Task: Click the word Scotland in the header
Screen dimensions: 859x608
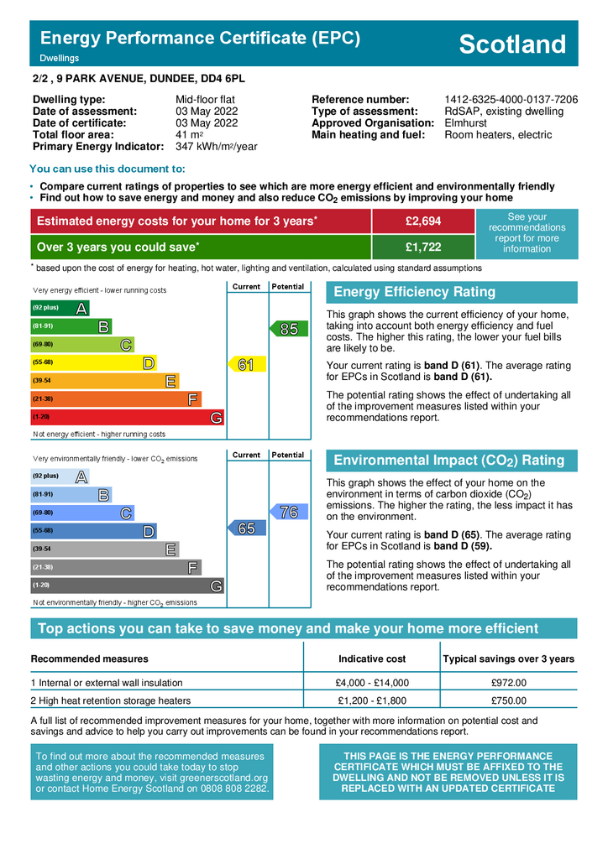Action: [512, 44]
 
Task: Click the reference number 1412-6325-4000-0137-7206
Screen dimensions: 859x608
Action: [511, 100]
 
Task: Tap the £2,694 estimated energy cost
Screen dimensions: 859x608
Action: [423, 221]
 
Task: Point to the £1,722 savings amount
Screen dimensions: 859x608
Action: [423, 247]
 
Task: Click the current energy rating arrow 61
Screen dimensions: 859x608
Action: [247, 364]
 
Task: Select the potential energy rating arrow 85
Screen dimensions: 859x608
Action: [287, 329]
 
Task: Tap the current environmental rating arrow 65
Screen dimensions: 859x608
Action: [247, 528]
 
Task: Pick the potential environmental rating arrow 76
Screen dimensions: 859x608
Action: [287, 512]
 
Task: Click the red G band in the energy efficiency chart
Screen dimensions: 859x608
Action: [126, 417]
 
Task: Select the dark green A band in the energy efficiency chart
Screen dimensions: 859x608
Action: [59, 308]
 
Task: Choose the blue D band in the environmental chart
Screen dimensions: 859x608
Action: [92, 531]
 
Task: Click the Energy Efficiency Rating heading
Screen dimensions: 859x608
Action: [415, 292]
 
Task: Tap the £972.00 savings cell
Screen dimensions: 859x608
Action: [508, 683]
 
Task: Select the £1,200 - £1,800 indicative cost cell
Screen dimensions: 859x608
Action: [371, 700]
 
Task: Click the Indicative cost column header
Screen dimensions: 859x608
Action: [371, 659]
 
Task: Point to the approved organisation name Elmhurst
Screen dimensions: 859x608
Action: [466, 123]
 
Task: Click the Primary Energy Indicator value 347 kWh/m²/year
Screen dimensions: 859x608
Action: [216, 147]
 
